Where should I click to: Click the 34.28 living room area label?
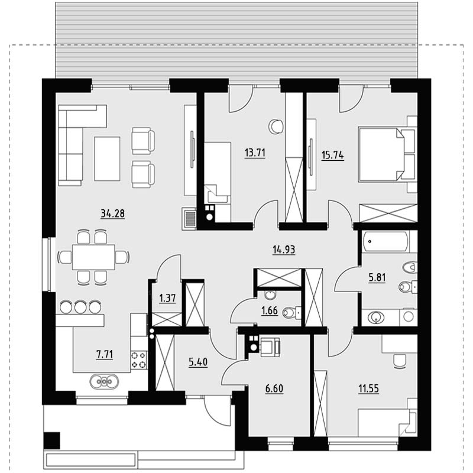point(112,213)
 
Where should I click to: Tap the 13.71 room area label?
point(255,153)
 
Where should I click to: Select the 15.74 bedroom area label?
point(333,155)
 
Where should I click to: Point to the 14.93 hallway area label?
point(284,250)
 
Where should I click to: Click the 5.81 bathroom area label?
point(377,277)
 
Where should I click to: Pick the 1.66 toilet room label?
point(270,310)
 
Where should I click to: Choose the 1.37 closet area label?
point(167,299)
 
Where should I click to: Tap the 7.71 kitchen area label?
point(105,354)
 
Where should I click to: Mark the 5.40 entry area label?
point(198,362)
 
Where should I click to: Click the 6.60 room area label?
point(274,388)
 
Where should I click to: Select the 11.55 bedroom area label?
point(368,389)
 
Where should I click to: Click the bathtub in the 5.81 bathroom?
point(386,241)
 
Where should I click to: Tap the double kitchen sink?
point(104,381)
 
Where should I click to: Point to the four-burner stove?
point(139,360)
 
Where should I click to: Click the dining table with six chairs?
point(93,257)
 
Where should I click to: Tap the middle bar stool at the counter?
point(80,307)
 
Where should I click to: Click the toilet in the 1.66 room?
point(291,313)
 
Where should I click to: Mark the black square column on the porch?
point(52,440)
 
